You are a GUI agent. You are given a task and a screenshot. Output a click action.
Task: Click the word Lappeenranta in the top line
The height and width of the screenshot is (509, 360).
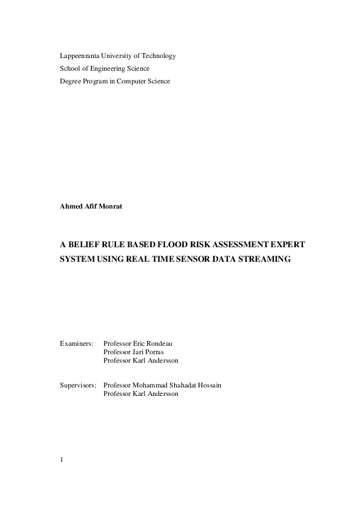pos(80,56)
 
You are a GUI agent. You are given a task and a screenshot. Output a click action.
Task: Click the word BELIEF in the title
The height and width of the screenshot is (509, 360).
pos(83,245)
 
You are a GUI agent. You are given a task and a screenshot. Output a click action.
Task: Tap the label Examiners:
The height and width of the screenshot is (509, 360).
pos(76,343)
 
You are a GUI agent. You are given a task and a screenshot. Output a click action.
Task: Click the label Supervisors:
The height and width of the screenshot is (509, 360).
pos(78,384)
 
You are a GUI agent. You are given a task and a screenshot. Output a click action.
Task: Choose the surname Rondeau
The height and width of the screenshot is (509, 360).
pos(159,343)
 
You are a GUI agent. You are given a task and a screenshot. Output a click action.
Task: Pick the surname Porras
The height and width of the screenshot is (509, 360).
pos(153,352)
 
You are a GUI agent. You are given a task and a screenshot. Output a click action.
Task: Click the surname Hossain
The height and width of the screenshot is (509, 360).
pos(209,384)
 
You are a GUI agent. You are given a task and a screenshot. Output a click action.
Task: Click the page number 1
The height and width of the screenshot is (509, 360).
pos(62,459)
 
